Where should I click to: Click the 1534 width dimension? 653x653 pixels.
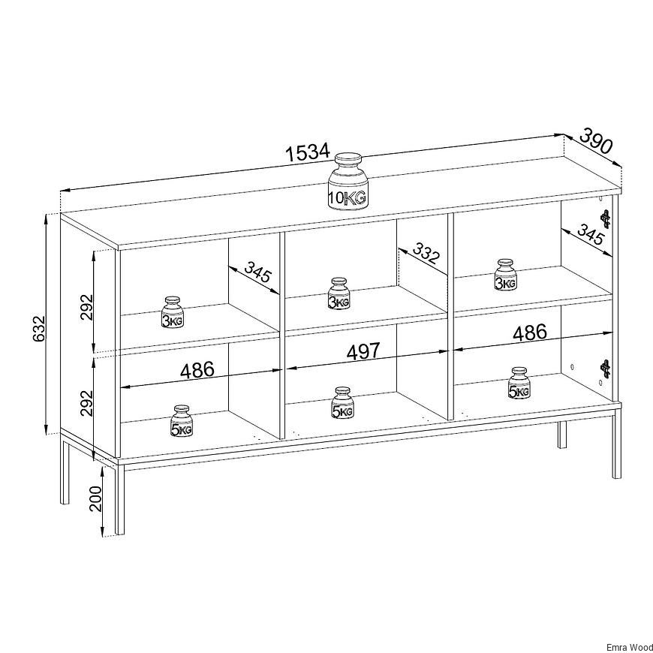(x=307, y=152)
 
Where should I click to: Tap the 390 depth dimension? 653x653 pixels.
(x=596, y=141)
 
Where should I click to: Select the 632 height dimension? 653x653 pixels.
(x=38, y=329)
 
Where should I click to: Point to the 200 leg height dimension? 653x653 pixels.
(x=95, y=498)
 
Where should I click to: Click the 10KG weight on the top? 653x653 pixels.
(x=348, y=182)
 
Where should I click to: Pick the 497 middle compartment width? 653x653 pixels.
(x=363, y=352)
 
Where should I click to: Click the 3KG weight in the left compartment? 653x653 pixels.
(x=173, y=312)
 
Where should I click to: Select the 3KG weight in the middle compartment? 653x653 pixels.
(x=339, y=293)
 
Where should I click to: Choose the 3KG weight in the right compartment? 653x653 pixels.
(x=505, y=275)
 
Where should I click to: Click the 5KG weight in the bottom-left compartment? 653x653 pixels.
(x=182, y=421)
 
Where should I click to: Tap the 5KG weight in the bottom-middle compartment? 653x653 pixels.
(x=343, y=403)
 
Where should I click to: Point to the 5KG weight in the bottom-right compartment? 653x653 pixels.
(x=519, y=383)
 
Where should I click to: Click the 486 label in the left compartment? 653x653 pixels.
(x=197, y=370)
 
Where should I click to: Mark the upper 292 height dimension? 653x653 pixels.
(x=86, y=307)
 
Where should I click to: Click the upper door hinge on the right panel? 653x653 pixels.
(x=606, y=219)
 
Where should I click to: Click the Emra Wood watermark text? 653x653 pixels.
(x=629, y=648)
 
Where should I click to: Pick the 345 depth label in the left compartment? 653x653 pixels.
(x=257, y=272)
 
